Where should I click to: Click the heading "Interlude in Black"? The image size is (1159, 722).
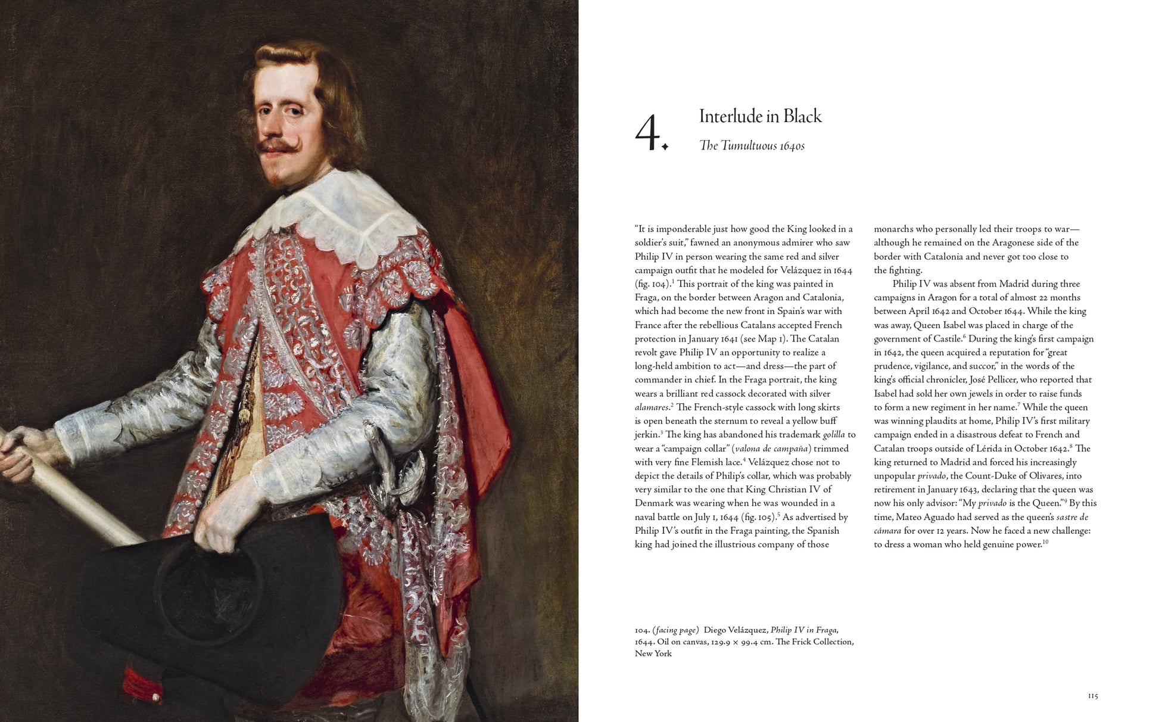pyautogui.click(x=760, y=116)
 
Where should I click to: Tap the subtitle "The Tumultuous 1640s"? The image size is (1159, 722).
pyautogui.click(x=752, y=146)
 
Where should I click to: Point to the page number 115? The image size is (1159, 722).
pyautogui.click(x=1092, y=696)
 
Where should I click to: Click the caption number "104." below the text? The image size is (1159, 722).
pyautogui.click(x=641, y=630)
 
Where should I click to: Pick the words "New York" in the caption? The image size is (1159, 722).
pyautogui.click(x=653, y=653)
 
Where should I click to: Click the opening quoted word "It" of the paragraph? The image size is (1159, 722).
pyautogui.click(x=643, y=229)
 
